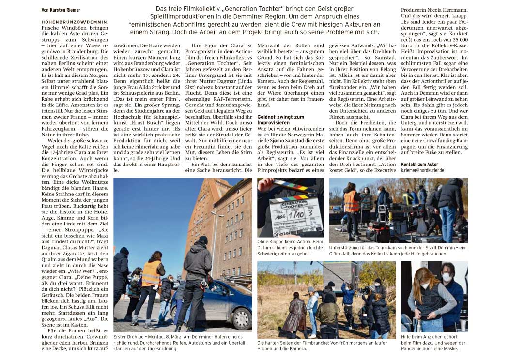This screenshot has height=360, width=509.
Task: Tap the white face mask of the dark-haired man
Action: pos(446,277)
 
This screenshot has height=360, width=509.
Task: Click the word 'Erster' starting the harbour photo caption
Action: pos(120,336)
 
